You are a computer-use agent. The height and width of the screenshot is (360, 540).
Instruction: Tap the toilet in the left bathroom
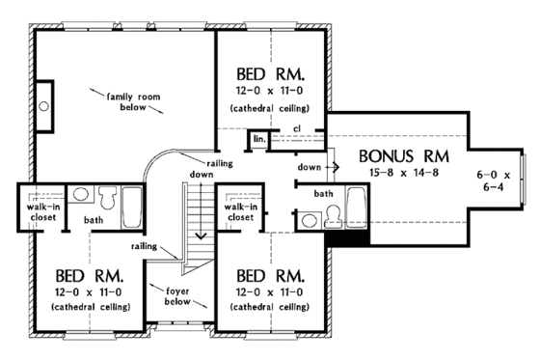point(107,200)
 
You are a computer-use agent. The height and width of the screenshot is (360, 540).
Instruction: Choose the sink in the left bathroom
point(82,196)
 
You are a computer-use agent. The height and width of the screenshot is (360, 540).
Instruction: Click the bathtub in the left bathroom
point(132,204)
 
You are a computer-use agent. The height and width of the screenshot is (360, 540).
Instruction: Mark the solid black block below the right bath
point(338,241)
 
